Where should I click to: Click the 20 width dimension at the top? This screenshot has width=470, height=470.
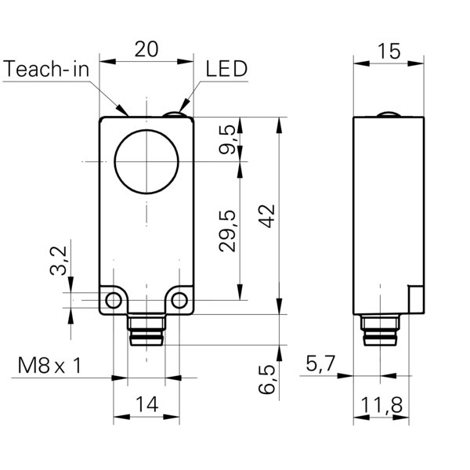point(146,49)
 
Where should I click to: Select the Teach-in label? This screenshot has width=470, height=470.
point(46,69)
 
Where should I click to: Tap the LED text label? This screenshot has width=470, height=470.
point(226,69)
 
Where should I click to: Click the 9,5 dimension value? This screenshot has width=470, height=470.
point(227,140)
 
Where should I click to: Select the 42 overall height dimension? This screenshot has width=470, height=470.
point(268,215)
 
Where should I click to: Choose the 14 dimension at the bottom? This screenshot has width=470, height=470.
point(146,404)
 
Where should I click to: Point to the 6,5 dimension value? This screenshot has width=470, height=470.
point(268,379)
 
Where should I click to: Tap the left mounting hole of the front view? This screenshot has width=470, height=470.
point(114,301)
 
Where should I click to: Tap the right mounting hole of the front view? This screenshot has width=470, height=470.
point(179,301)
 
